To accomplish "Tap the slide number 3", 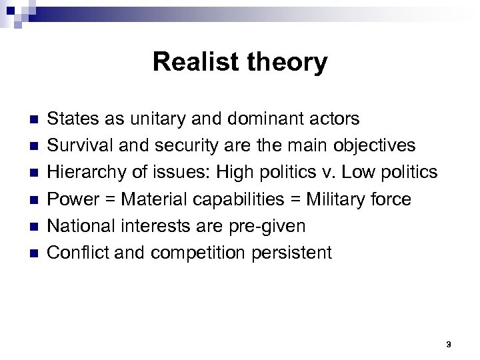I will point(449,344).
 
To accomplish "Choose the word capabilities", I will point(223,200).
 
